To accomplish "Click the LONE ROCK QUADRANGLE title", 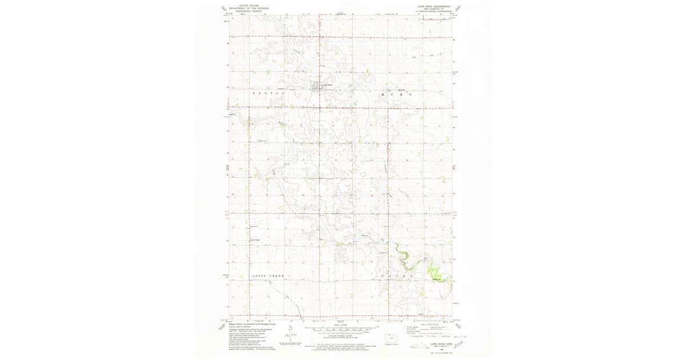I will pos(434,7).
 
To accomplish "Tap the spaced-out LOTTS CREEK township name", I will pos(268,275).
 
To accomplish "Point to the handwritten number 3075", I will pos(462,343).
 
